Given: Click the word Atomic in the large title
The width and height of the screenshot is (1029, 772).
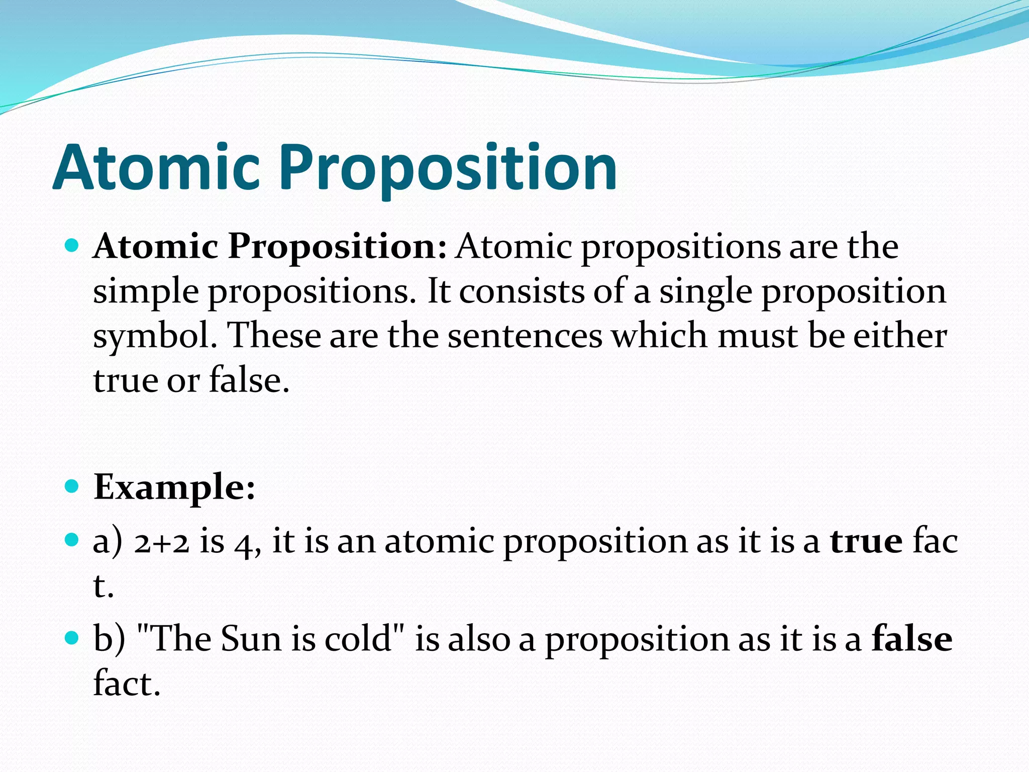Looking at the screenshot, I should [157, 167].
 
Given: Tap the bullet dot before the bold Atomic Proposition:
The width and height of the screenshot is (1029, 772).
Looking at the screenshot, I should [72, 246].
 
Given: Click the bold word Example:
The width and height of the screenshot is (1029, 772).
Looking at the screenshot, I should [174, 488].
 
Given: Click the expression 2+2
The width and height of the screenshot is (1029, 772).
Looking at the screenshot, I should [161, 543].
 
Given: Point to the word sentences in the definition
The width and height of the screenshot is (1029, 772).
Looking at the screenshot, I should [525, 335].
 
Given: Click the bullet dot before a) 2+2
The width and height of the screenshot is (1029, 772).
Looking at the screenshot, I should [72, 540].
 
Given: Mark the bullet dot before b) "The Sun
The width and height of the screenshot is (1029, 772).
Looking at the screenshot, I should [72, 638].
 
